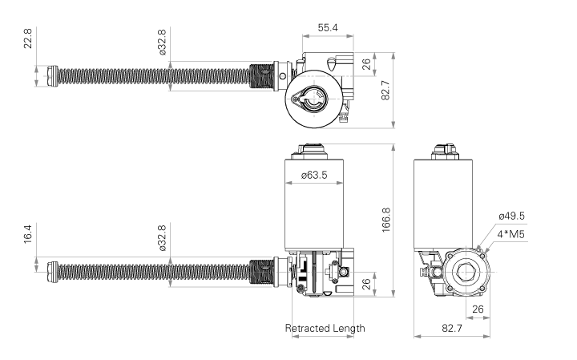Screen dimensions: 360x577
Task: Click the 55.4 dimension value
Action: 327,27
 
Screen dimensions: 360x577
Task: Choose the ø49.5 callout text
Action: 511,216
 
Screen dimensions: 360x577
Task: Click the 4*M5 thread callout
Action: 511,234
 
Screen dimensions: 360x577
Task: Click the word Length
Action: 349,328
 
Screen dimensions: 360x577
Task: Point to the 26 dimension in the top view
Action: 366,65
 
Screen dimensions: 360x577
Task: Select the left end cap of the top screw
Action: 53,75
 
